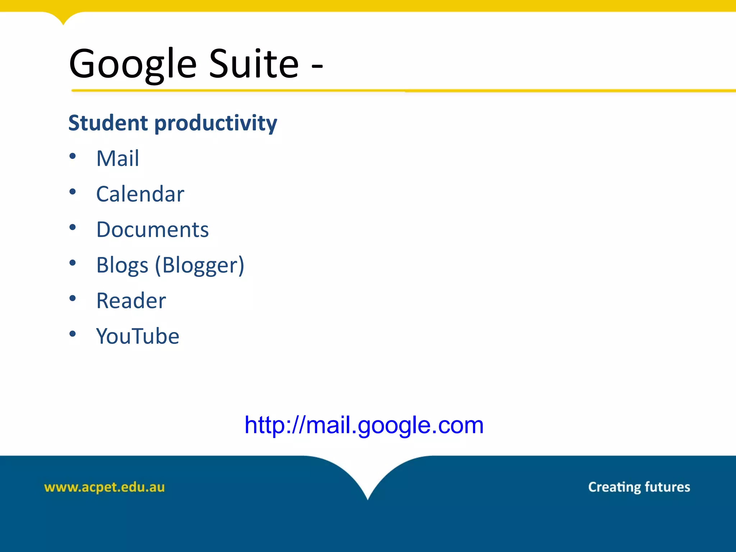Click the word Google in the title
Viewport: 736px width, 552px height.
point(133,65)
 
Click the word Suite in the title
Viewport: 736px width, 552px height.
point(254,64)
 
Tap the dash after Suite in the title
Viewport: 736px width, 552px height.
point(317,66)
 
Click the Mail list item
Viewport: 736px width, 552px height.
point(118,158)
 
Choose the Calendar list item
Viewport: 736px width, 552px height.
point(140,194)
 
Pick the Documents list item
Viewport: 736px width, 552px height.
point(152,230)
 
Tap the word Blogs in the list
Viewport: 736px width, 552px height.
point(122,266)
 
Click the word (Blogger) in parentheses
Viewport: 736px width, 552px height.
point(200,266)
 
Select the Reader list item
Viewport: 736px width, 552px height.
point(131,300)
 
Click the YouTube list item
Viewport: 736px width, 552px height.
point(138,336)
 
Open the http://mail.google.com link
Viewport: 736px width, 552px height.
point(364,425)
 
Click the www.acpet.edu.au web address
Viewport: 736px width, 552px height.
point(104,487)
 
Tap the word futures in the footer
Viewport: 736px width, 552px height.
point(667,487)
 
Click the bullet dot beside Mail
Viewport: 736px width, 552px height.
point(73,156)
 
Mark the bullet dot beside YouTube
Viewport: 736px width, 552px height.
point(73,334)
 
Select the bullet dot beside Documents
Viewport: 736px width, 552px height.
point(73,227)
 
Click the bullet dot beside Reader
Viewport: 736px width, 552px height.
point(73,298)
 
